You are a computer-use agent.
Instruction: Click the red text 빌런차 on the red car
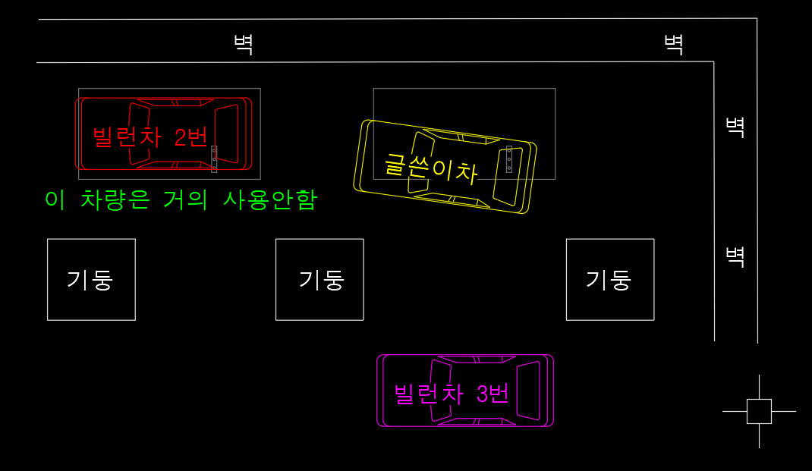click(127, 137)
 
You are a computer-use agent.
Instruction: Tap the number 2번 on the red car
click(191, 137)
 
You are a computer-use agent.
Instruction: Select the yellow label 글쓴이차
click(431, 168)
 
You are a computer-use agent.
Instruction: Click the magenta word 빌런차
click(429, 394)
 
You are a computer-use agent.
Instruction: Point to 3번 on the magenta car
click(493, 394)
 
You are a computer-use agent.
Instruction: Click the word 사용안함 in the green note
click(270, 199)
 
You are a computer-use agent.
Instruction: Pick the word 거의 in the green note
click(185, 199)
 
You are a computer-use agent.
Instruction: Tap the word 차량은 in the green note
click(115, 199)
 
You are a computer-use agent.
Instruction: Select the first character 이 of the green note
click(55, 199)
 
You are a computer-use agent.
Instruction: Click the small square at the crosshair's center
click(759, 412)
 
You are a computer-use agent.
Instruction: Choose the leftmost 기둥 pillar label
click(90, 280)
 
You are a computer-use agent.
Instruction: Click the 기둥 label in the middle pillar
click(322, 280)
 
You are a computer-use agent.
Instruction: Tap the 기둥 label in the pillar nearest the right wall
click(609, 280)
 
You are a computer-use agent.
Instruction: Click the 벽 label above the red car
click(244, 45)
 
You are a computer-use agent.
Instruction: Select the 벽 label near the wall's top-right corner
click(674, 45)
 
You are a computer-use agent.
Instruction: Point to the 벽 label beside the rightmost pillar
click(735, 256)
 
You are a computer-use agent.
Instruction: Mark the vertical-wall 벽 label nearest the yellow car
click(735, 127)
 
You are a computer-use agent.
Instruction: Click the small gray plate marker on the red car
click(214, 159)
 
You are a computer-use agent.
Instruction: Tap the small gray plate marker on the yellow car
click(509, 159)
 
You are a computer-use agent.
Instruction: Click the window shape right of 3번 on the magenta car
click(528, 391)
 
